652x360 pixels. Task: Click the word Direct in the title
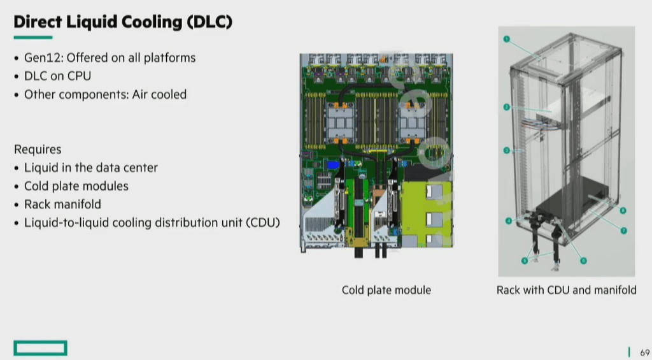tap(38, 22)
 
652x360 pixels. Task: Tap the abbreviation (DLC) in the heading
tap(209, 22)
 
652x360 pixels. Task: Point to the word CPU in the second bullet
tap(78, 76)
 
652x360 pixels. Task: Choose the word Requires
tap(38, 149)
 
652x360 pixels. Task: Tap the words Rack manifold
tap(62, 204)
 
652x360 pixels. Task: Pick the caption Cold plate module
tap(386, 290)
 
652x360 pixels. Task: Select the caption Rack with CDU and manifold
tap(566, 290)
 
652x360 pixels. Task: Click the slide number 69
tap(645, 352)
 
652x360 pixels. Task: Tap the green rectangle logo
tap(40, 348)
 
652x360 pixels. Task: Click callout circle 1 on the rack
tap(506, 39)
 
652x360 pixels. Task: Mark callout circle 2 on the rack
tap(506, 107)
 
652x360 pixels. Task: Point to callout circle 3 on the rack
tap(506, 150)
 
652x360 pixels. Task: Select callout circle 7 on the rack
tap(623, 230)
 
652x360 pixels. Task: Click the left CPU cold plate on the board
tap(341, 122)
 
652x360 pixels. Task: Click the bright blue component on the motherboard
tap(334, 165)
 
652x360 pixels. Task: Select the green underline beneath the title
tap(33, 38)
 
